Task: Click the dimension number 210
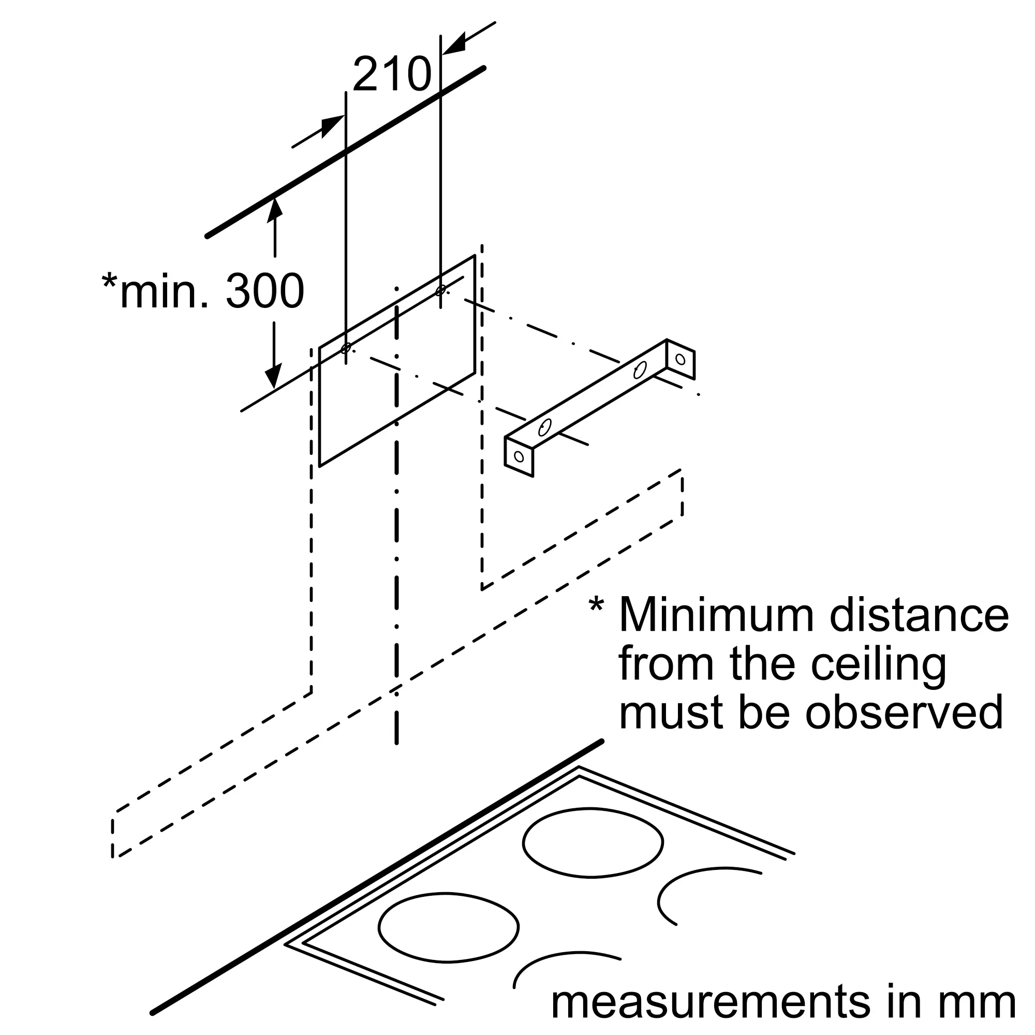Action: pyautogui.click(x=392, y=74)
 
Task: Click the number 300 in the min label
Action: pyautogui.click(x=264, y=291)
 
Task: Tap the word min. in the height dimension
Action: pyautogui.click(x=164, y=291)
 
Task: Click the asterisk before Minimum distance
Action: pyautogui.click(x=596, y=605)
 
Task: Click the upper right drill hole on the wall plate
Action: pyautogui.click(x=440, y=290)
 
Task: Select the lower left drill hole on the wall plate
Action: pyautogui.click(x=346, y=348)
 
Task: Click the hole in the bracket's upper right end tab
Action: pyautogui.click(x=681, y=360)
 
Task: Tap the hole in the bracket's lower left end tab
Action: pyautogui.click(x=519, y=456)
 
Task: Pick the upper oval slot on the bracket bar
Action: pyautogui.click(x=640, y=370)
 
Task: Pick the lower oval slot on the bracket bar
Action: pyautogui.click(x=545, y=427)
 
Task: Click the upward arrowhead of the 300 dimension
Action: pyautogui.click(x=274, y=208)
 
